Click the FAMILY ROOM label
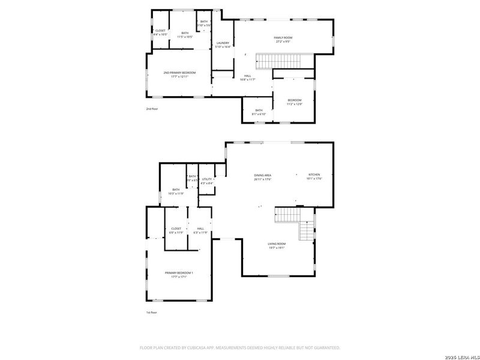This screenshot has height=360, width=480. [x=283, y=37]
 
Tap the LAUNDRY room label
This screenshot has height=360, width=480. [x=223, y=43]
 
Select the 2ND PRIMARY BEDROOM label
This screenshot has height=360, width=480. [x=179, y=73]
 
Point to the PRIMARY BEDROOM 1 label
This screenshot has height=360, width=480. [x=179, y=272]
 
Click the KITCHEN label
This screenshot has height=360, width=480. [x=314, y=175]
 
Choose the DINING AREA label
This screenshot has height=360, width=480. [x=263, y=175]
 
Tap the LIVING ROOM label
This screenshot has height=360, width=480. [x=277, y=244]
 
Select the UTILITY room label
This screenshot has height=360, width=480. [x=206, y=179]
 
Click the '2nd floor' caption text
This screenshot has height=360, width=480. [x=152, y=109]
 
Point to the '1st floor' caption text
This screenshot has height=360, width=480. [x=152, y=313]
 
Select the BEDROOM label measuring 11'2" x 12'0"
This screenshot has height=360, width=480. [x=294, y=100]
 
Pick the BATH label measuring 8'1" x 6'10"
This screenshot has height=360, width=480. [x=259, y=110]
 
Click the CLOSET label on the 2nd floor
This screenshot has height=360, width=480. [x=160, y=31]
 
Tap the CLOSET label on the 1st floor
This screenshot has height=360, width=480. [x=176, y=229]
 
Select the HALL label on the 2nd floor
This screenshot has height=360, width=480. [x=248, y=76]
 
